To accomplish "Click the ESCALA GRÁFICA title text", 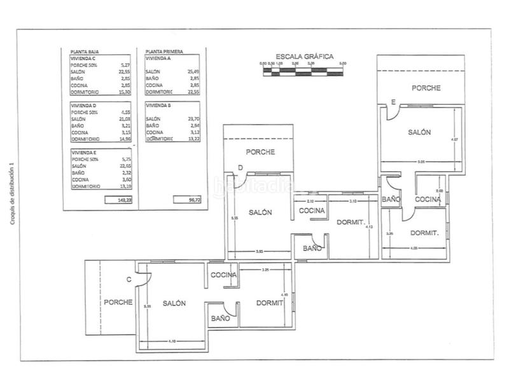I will click(x=302, y=56).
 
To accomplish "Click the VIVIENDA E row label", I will click(x=84, y=153).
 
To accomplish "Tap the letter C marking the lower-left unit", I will click(x=129, y=279).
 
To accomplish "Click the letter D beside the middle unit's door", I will click(x=241, y=168).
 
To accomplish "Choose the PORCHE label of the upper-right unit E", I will click(x=426, y=88).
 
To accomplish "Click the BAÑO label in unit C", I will click(x=220, y=317).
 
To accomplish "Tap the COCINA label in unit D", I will click(x=312, y=211).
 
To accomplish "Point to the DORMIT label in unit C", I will click(x=270, y=303).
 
